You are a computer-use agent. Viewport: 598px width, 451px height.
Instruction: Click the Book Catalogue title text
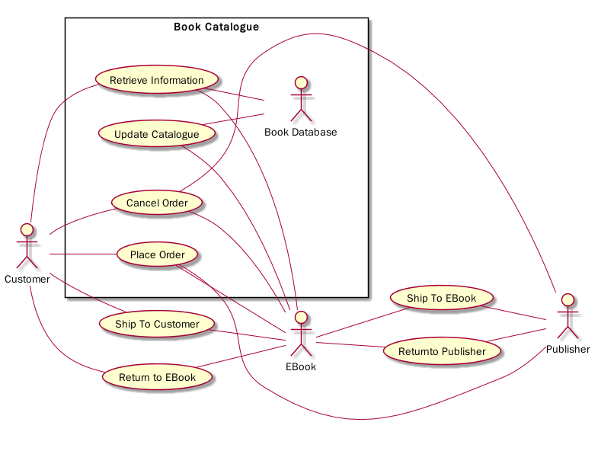click(x=216, y=27)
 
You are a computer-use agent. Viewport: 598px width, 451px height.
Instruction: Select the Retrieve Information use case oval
click(x=157, y=80)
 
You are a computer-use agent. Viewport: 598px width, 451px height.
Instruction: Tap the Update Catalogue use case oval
click(x=156, y=135)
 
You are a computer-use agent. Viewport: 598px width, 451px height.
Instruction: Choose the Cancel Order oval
click(x=157, y=203)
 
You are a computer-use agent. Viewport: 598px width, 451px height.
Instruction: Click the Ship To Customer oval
click(x=157, y=324)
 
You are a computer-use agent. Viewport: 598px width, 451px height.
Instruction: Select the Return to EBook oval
click(x=157, y=377)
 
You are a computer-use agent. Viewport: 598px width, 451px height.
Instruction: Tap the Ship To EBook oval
click(x=442, y=298)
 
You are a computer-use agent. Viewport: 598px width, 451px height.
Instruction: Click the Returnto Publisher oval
click(x=442, y=351)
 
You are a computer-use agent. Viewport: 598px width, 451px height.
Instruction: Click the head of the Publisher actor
click(x=567, y=299)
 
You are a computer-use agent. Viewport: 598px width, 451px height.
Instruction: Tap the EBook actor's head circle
click(x=301, y=316)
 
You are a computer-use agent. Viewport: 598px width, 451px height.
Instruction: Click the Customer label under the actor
click(x=27, y=279)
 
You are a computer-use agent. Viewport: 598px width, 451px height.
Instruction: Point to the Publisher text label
click(x=568, y=350)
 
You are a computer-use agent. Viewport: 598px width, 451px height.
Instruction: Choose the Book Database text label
click(x=301, y=133)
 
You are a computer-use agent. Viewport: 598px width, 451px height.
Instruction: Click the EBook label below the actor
click(x=301, y=367)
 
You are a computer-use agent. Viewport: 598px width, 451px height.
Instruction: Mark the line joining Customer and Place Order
click(x=82, y=254)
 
